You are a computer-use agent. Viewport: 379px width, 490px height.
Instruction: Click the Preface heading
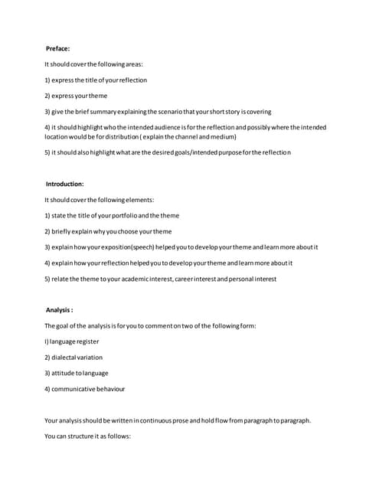[x=58, y=48]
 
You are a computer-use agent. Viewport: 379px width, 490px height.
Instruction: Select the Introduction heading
[x=65, y=184]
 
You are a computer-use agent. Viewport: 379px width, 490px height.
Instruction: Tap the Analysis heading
[x=60, y=310]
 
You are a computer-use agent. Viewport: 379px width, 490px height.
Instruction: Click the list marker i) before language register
[x=47, y=341]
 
